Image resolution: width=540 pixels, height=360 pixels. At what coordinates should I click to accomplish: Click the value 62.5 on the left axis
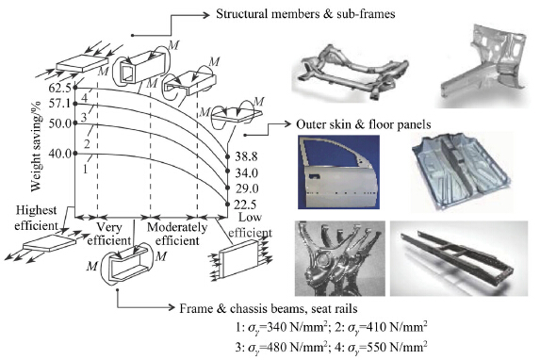pyautogui.click(x=59, y=89)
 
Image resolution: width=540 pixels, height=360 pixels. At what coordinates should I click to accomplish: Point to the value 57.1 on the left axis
pyautogui.click(x=59, y=104)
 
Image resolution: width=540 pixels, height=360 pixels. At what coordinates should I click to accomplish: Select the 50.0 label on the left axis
pyautogui.click(x=59, y=123)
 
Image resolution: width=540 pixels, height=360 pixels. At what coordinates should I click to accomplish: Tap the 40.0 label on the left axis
pyautogui.click(x=59, y=154)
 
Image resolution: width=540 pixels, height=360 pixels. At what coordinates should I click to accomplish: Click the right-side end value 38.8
pyautogui.click(x=246, y=156)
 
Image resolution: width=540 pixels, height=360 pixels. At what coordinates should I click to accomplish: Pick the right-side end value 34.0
pyautogui.click(x=246, y=172)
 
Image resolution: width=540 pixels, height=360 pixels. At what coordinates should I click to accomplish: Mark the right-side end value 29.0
pyautogui.click(x=246, y=188)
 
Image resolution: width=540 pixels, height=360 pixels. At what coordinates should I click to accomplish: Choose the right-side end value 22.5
pyautogui.click(x=246, y=205)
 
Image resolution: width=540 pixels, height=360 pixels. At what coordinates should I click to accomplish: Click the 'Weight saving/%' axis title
pyautogui.click(x=36, y=146)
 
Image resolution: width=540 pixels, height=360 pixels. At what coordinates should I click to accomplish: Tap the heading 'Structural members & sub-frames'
pyautogui.click(x=305, y=14)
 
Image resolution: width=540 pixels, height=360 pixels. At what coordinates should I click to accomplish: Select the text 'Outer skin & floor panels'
pyautogui.click(x=364, y=124)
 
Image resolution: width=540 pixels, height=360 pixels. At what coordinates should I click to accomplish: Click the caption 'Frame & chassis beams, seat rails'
pyautogui.click(x=269, y=308)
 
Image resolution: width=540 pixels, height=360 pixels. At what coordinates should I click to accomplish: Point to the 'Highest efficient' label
pyautogui.click(x=36, y=218)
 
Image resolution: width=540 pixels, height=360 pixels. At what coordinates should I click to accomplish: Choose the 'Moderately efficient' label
pyautogui.click(x=177, y=234)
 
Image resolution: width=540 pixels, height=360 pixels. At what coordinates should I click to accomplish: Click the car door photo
pyautogui.click(x=339, y=172)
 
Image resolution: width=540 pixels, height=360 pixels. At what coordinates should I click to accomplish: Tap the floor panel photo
pyautogui.click(x=462, y=172)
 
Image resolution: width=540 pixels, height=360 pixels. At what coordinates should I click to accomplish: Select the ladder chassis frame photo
pyautogui.click(x=459, y=258)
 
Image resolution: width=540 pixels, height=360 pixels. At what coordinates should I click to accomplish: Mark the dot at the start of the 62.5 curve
pyautogui.click(x=75, y=89)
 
